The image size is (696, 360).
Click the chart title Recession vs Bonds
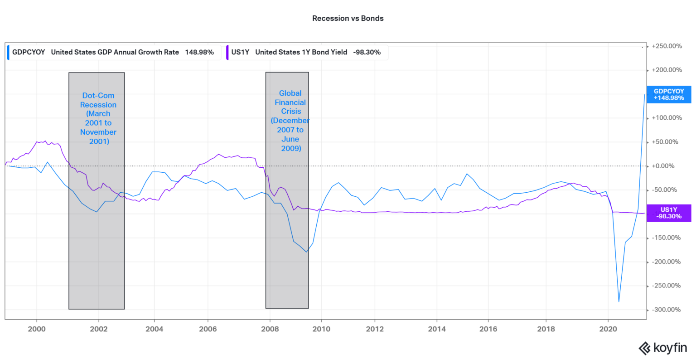[348, 19]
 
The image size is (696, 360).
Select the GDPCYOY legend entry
[112, 52]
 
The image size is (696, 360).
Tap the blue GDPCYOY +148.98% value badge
[669, 94]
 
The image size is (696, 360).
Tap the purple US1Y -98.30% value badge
[669, 213]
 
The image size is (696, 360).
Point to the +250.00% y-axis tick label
[667, 46]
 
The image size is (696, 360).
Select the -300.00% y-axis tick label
[667, 310]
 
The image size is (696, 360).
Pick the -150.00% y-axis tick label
[667, 238]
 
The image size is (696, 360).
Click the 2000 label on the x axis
[37, 329]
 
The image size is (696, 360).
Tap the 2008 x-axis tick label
[270, 329]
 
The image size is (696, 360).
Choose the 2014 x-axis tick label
[436, 329]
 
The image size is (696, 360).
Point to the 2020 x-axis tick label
[608, 329]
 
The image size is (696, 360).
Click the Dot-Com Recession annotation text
[98, 118]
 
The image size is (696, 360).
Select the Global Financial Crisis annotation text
[290, 121]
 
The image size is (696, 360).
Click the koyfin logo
[662, 348]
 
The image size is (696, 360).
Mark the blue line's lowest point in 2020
[619, 302]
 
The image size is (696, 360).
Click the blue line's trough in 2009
[307, 252]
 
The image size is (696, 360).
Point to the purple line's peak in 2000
[44, 141]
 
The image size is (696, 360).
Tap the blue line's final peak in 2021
[644, 94]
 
